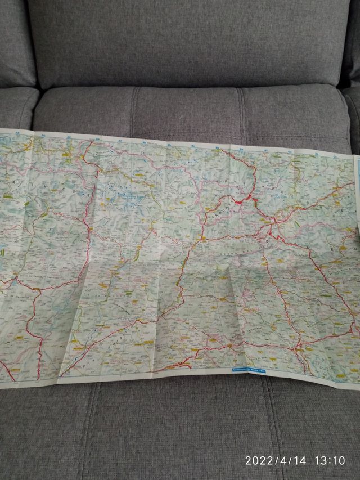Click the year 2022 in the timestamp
[260, 460]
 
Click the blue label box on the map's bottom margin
[251, 370]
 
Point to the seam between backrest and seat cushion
[186, 88]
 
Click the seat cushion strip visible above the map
[186, 113]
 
